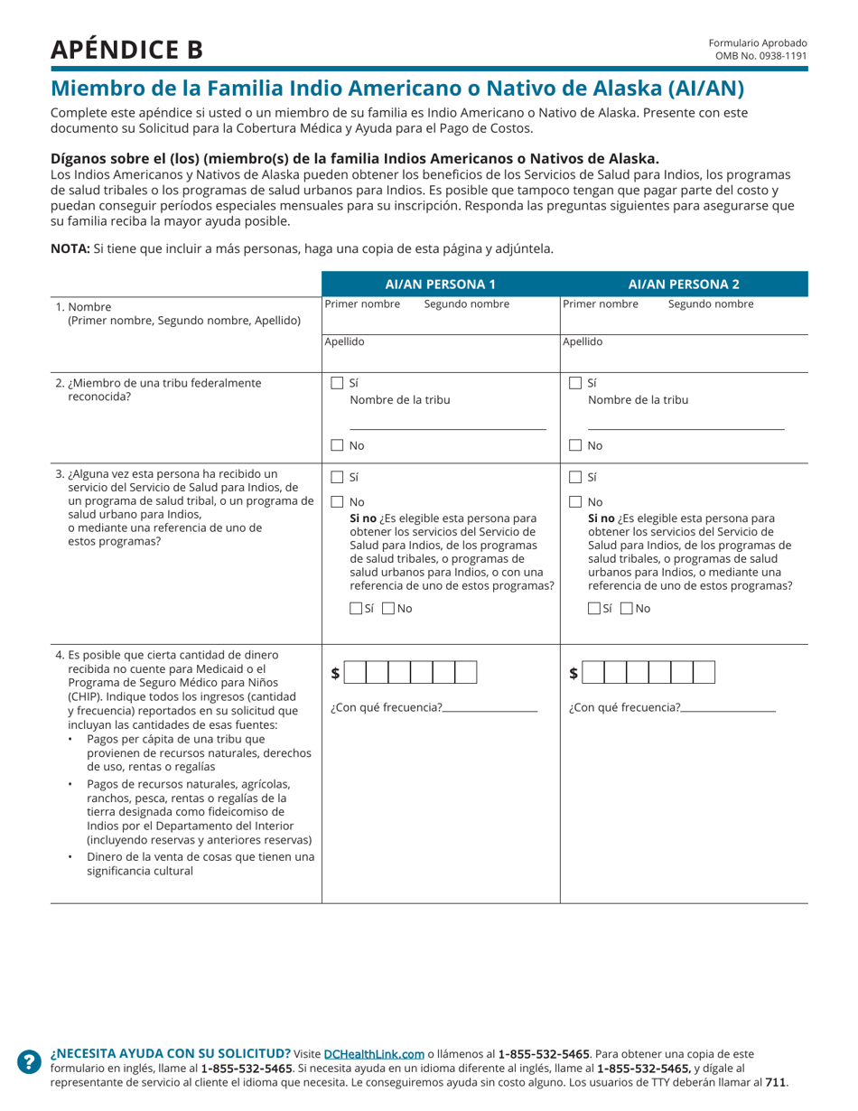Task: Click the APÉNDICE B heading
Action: [x=126, y=50]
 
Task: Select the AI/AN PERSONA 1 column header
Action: [x=441, y=284]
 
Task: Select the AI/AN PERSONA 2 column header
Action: [x=684, y=284]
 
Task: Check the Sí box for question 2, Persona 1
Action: [x=337, y=383]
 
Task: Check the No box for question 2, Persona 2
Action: [x=575, y=445]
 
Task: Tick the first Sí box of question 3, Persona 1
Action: [x=337, y=477]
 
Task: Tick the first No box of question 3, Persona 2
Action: [x=575, y=502]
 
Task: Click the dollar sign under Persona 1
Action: [x=336, y=673]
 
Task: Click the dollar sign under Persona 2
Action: [x=574, y=673]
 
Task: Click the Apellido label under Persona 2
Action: [x=583, y=342]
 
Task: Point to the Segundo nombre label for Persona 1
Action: [x=466, y=304]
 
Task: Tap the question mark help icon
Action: [x=30, y=1061]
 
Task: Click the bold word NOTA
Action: [x=70, y=249]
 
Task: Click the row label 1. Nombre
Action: [x=89, y=306]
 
